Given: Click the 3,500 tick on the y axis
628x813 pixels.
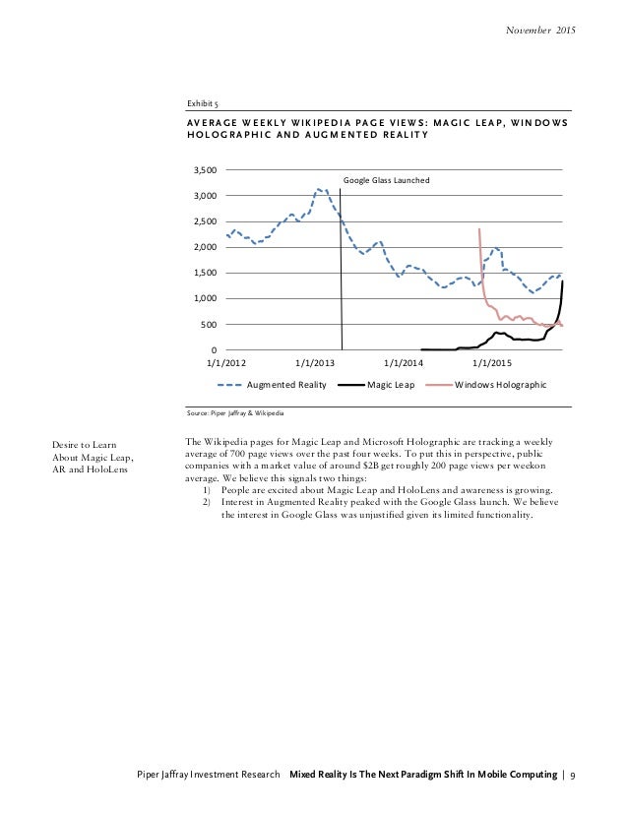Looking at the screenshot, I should (x=204, y=170).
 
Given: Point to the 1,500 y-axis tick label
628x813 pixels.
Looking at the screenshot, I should (x=204, y=273).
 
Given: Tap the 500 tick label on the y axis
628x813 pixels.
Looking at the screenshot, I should (x=209, y=324).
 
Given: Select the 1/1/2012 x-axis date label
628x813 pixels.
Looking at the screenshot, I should (x=226, y=363).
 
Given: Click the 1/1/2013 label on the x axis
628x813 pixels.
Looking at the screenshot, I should (x=315, y=363).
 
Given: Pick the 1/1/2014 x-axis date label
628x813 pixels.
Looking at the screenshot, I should (x=404, y=363).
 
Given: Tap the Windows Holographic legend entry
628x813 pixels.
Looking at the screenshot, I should (x=500, y=385).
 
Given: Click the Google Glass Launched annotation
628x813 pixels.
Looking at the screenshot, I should (x=387, y=180).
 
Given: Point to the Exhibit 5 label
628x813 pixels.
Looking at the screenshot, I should (x=203, y=102).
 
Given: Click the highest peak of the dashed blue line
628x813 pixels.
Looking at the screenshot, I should (x=319, y=189).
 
